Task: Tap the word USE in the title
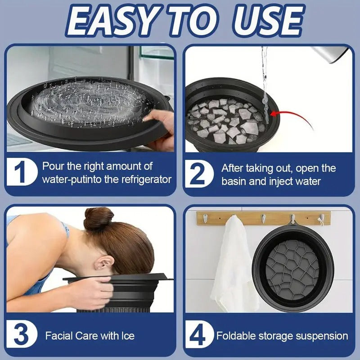268,21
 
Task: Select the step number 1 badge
22,172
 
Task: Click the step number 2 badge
199,173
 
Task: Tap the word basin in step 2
234,181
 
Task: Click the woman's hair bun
98,218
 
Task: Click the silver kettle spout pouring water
331,54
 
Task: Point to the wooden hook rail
263,218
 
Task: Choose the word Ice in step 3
128,336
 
